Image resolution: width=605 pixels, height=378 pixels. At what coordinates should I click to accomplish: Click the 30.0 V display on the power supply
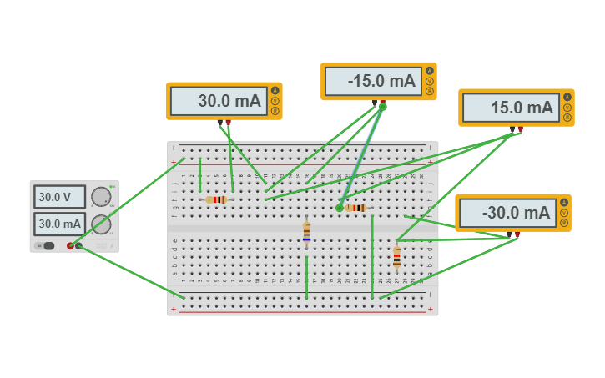[59, 197]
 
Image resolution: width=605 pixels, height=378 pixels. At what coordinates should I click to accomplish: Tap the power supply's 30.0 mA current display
[59, 224]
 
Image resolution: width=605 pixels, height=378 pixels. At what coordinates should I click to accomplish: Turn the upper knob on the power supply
[101, 197]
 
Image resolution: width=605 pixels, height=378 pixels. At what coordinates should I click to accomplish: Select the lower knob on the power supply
[101, 224]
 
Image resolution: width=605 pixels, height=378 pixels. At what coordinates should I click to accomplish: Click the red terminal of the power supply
[70, 245]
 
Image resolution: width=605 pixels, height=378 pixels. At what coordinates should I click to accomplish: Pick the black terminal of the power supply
[78, 245]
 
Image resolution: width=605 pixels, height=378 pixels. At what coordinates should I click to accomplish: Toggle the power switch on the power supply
[48, 245]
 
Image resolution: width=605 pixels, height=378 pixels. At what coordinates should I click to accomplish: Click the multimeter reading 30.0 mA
[217, 102]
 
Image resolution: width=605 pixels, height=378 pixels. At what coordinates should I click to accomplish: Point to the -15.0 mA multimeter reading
[371, 81]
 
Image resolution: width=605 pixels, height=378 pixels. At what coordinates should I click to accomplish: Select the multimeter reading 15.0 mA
[509, 108]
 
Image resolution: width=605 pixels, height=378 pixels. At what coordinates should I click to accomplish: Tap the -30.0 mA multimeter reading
[506, 213]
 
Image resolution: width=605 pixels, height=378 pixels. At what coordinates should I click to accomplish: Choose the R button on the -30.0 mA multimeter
[564, 223]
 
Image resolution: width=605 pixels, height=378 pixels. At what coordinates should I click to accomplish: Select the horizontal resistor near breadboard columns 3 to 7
[217, 199]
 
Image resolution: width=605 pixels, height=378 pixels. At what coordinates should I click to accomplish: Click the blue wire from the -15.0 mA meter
[362, 155]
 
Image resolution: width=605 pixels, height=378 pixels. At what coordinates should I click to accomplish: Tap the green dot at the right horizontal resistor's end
[340, 208]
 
